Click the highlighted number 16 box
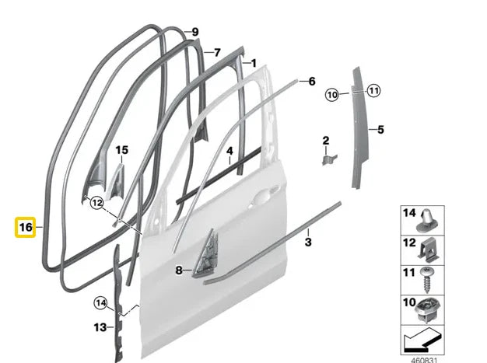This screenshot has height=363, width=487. coord(25,227)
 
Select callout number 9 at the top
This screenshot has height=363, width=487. coord(194,32)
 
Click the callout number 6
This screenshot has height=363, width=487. coord(311,81)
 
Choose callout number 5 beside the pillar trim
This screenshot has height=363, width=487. coord(380,129)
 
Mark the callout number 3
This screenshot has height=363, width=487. coord(308,243)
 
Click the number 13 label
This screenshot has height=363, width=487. coord(100,327)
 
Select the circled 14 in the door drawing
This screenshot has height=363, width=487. coord(100,302)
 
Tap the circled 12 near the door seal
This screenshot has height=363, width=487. coord(96,203)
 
